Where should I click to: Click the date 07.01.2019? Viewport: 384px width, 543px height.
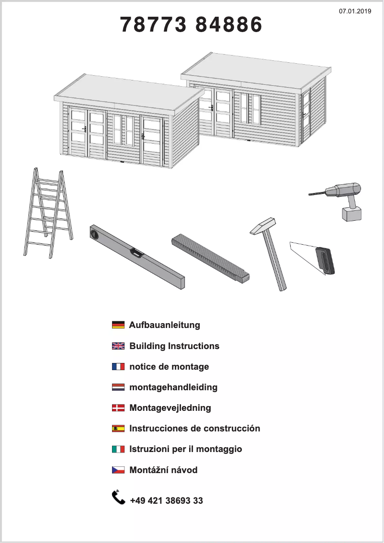355,11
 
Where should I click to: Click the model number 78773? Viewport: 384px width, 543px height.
153,24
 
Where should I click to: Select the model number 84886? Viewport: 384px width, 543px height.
229,24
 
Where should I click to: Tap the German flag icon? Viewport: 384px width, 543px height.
118,325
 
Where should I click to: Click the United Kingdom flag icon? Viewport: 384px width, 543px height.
118,346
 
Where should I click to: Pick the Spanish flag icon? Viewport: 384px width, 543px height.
118,429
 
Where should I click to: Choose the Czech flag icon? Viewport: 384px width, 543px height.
118,470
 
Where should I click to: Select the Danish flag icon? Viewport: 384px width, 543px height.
118,407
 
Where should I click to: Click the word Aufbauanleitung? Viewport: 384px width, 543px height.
165,325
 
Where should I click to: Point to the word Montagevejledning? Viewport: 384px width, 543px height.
170,408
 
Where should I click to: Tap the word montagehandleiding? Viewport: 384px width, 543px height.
173,387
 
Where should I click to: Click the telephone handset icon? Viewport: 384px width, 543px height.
118,498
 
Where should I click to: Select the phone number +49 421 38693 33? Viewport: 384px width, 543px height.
166,500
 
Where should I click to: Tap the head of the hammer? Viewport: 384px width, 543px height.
263,226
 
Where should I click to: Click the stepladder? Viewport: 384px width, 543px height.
48,213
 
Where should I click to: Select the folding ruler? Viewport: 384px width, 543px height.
211,259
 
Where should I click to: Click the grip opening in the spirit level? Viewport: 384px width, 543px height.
136,252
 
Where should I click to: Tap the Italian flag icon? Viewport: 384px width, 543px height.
118,449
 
